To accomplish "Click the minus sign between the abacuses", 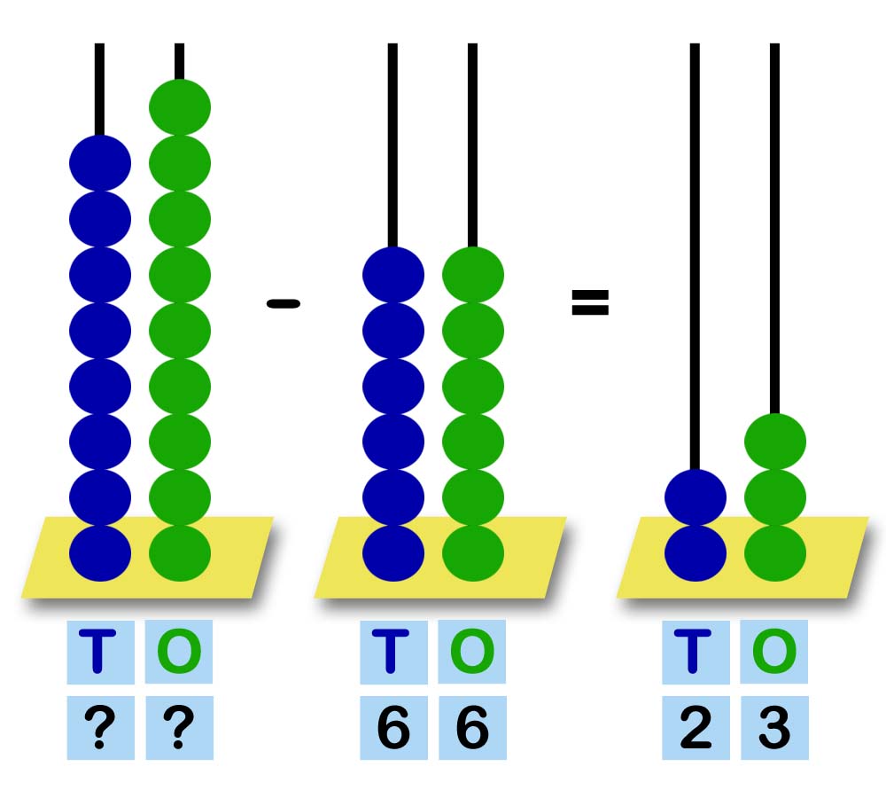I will point(284,304).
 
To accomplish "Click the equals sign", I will point(590,302).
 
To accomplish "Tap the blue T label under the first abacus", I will point(100,652).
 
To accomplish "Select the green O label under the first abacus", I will point(179,652).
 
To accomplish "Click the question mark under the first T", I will point(100,729).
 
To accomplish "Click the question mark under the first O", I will point(179,729).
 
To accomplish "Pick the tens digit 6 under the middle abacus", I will point(393,729).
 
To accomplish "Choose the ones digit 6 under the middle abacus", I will point(472,729).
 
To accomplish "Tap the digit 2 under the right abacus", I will point(696,729).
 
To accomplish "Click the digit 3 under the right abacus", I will point(774,729).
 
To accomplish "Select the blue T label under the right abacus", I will point(696,652).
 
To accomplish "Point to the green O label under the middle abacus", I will point(472,652).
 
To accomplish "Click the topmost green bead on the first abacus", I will point(180,106).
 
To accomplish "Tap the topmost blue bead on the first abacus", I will point(100,163).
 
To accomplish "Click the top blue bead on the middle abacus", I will point(393,274).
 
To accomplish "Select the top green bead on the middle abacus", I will point(473,274).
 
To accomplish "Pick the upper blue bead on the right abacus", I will point(696,497).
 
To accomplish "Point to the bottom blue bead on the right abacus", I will point(696,552).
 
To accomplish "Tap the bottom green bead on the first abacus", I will point(180,552).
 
